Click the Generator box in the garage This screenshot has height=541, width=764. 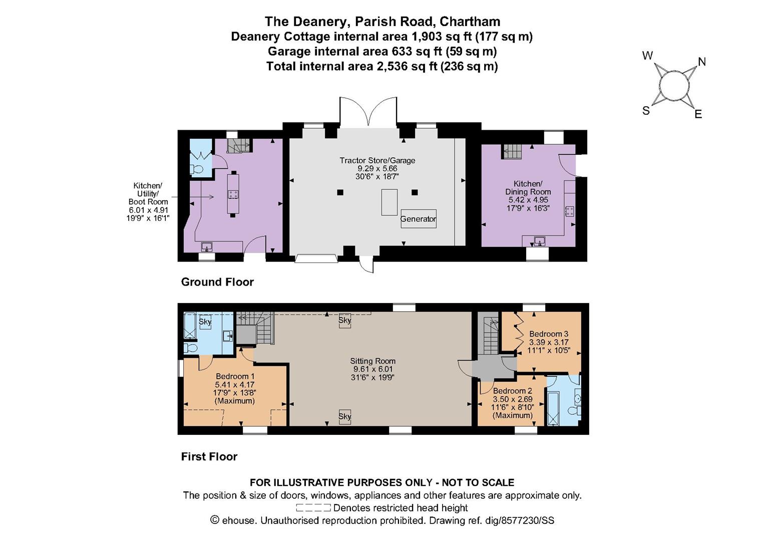[418, 219]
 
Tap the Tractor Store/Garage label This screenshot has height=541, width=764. [377, 161]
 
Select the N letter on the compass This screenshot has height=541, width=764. [702, 62]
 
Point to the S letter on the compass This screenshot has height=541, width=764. [646, 111]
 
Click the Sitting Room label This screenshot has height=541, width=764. [372, 361]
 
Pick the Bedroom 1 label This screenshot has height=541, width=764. [235, 377]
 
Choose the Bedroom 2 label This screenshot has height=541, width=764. [512, 391]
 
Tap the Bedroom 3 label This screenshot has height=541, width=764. [548, 334]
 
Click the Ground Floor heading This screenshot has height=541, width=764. [217, 282]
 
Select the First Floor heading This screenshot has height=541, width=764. [209, 456]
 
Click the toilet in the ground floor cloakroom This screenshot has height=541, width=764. [197, 169]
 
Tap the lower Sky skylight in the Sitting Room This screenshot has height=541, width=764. [344, 417]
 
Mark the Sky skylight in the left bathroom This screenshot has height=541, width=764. [205, 322]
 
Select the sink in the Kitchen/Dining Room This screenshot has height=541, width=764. [539, 241]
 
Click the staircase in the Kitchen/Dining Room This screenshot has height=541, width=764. [512, 151]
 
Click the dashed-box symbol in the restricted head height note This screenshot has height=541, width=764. [313, 508]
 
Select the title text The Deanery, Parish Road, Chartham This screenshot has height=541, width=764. [382, 22]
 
